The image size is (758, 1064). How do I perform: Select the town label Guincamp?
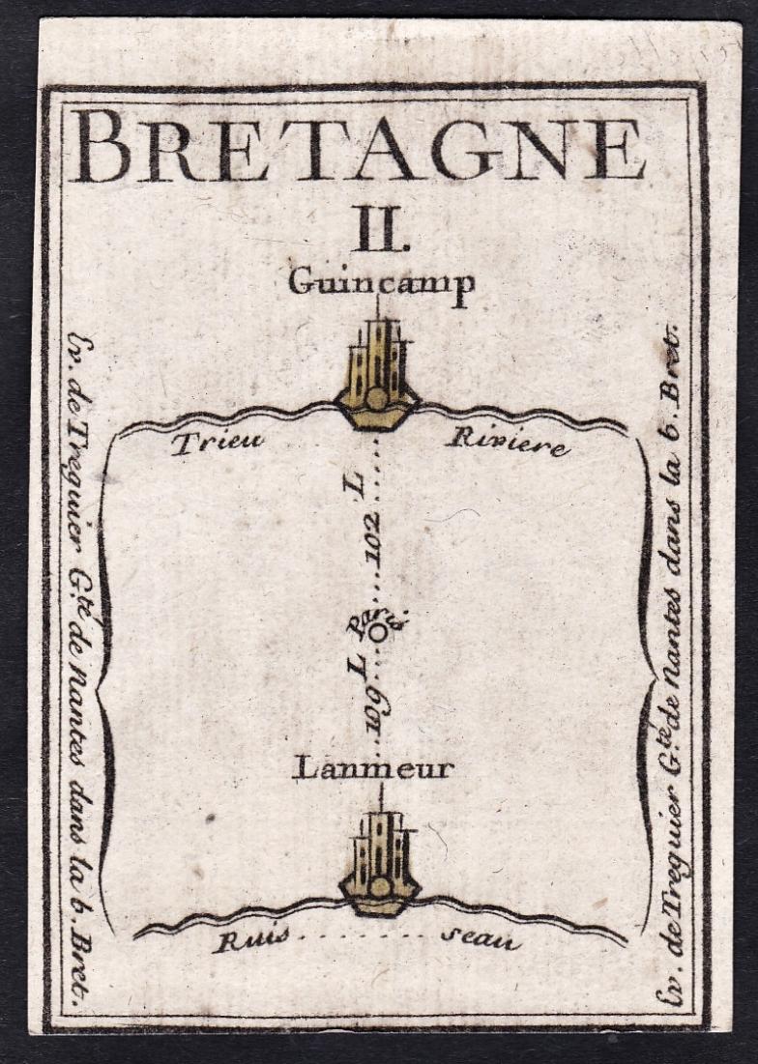point(381,283)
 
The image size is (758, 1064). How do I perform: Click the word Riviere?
point(507,443)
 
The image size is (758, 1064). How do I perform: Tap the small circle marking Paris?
point(379,631)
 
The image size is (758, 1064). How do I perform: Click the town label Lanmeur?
point(373,769)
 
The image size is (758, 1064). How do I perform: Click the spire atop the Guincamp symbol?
point(377,307)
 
